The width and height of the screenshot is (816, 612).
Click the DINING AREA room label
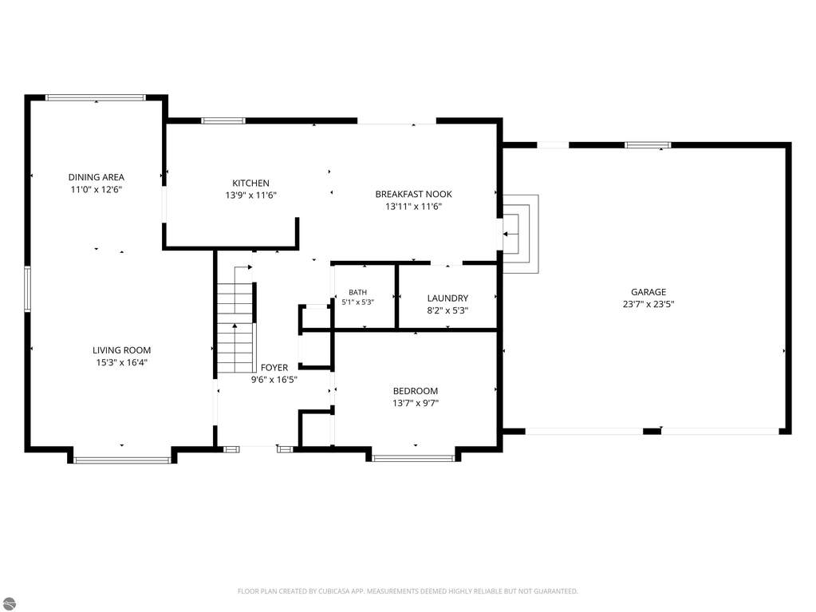coord(97,177)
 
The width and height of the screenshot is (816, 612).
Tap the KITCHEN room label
coord(250,184)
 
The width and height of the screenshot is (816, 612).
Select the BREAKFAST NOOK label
coord(414,194)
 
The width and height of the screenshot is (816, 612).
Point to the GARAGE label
coord(648,292)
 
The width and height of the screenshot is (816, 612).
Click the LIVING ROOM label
coord(122,350)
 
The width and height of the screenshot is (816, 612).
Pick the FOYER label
coord(274,367)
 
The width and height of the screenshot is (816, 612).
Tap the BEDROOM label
coord(416,391)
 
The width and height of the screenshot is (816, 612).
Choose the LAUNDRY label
coord(447,298)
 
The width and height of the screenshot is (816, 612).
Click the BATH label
coord(358,293)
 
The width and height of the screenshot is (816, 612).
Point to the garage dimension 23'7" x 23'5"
coord(648,305)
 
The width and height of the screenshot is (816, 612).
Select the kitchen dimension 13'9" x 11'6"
coord(250,195)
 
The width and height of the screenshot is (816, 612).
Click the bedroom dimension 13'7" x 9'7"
coord(416,403)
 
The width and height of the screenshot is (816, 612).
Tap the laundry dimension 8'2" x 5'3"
coord(447,310)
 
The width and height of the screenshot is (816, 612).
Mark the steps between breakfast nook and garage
coord(518,234)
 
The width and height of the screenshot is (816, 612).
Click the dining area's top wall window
coord(97,97)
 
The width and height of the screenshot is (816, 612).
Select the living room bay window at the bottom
coord(122,460)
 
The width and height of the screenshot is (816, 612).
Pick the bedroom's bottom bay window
coord(414,459)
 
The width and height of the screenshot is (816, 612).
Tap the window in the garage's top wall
coord(648,145)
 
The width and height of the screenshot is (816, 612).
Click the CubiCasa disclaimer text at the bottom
coord(408,591)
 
